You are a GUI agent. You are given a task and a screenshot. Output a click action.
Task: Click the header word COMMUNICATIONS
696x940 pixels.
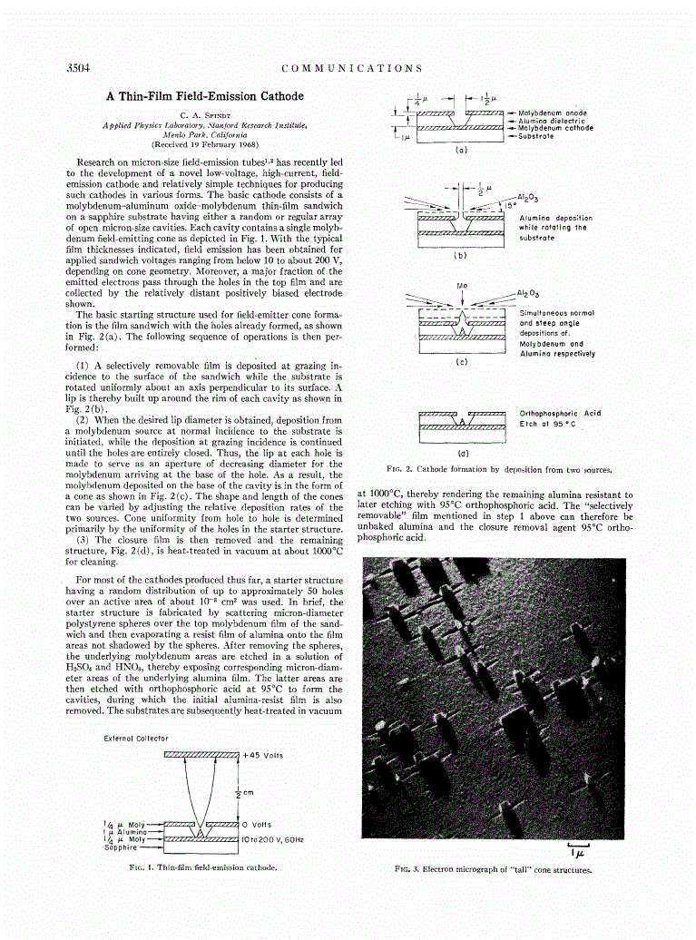click(352, 68)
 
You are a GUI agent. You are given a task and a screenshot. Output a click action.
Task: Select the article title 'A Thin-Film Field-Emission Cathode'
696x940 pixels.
click(205, 96)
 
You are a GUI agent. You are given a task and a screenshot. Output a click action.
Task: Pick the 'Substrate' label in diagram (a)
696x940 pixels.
click(536, 135)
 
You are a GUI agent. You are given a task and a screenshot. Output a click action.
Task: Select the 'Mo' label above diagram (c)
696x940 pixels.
click(462, 285)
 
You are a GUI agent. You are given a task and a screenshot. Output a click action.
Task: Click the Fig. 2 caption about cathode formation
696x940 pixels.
click(499, 469)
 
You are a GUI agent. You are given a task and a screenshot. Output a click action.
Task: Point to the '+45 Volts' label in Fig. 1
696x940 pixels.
click(264, 755)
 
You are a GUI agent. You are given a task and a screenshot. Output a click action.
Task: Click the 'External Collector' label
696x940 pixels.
click(137, 737)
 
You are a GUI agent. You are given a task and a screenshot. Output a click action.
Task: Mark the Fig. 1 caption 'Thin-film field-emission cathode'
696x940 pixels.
click(203, 867)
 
